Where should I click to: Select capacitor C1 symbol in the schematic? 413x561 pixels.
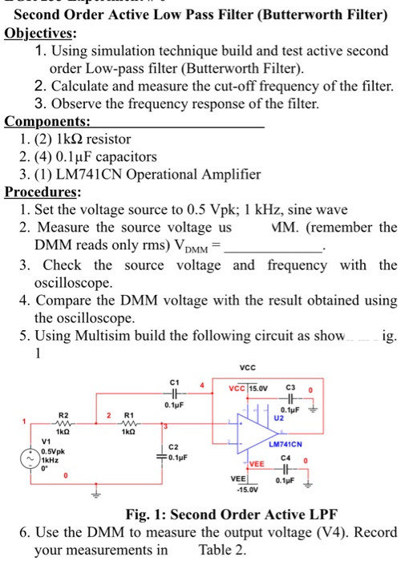coord(175,394)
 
